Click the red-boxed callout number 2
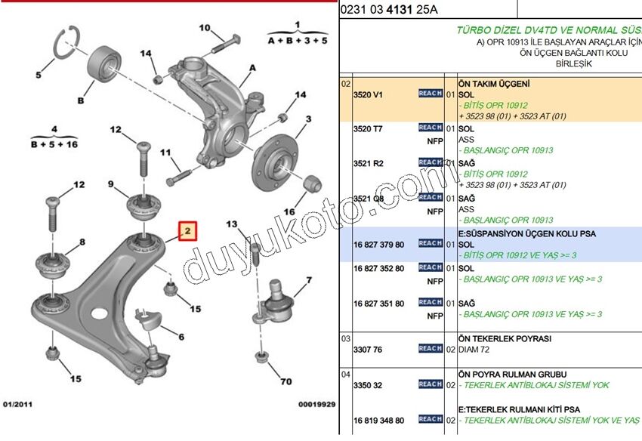click(x=187, y=230)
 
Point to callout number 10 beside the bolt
click(x=205, y=28)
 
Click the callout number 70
click(x=286, y=381)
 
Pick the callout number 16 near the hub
click(x=288, y=212)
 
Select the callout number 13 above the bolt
click(x=232, y=224)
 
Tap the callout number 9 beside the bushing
click(x=110, y=184)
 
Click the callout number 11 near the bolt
click(x=166, y=153)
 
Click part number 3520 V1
click(x=369, y=95)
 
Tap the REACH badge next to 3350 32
click(x=431, y=384)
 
